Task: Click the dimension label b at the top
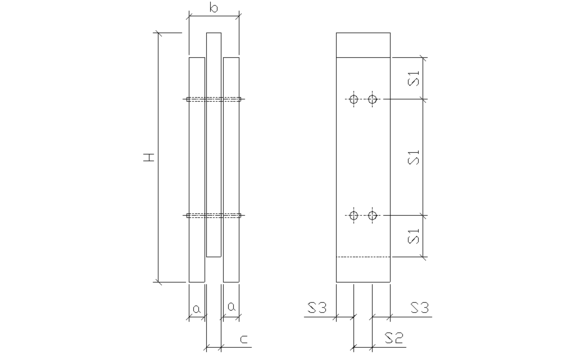(214, 8)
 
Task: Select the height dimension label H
(149, 158)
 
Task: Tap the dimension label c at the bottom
(244, 339)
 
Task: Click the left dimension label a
(197, 309)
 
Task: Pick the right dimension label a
(231, 306)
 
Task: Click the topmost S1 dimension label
(414, 78)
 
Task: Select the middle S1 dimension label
(414, 157)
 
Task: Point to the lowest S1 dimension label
(414, 236)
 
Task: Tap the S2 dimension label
(394, 338)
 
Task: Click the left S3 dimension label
(317, 307)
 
